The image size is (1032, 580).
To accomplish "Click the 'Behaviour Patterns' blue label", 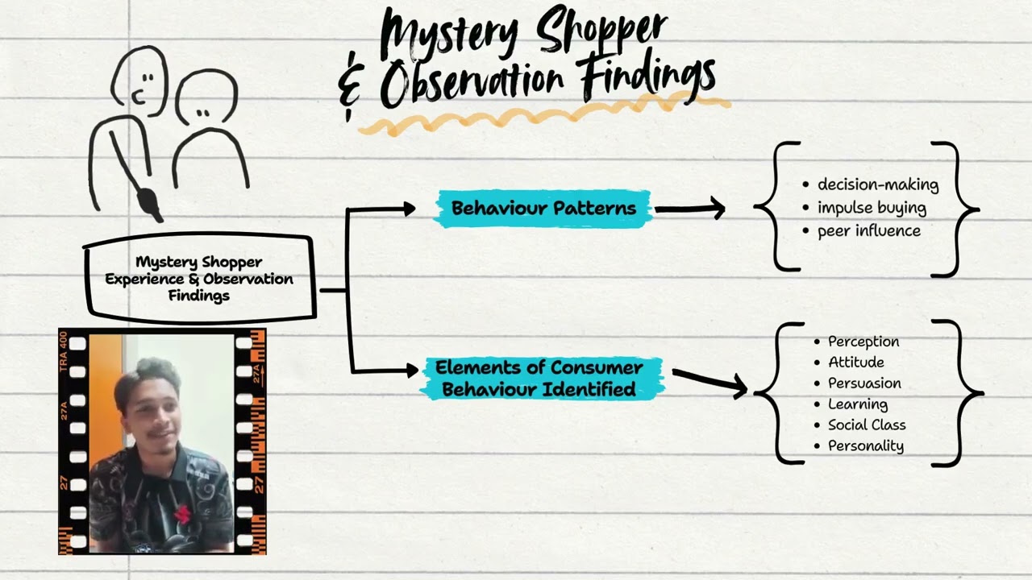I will [543, 209].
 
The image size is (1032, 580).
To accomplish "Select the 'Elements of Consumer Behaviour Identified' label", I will [539, 379].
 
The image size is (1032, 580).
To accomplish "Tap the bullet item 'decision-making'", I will [878, 184].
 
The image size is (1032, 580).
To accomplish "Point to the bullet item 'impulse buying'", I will [872, 208].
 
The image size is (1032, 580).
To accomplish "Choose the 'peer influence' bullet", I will [868, 230].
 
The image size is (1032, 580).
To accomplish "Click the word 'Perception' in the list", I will [863, 342].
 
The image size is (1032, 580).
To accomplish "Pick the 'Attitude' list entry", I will [855, 362].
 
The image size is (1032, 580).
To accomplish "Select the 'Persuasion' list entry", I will [864, 383].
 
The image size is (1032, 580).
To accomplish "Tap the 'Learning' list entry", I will [857, 404].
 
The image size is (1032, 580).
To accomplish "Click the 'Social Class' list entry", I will [867, 425].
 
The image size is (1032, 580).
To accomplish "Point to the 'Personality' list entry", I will [865, 446].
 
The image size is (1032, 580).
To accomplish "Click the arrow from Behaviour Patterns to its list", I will [689, 209].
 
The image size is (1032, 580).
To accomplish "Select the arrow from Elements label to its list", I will [708, 382].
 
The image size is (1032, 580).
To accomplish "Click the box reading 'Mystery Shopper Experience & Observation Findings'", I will [199, 279].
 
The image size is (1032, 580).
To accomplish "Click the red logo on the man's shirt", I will [184, 514].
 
